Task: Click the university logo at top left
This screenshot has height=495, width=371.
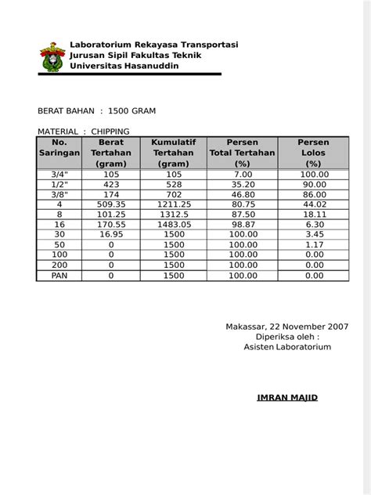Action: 52,58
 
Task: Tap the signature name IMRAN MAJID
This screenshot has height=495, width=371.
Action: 287,398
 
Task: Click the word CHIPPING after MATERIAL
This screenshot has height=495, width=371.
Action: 110,132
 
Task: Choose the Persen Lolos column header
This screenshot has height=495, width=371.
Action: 314,153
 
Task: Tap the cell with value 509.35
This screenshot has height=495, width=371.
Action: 111,204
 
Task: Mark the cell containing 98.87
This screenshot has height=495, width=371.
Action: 243,225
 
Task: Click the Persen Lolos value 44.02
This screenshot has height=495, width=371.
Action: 314,204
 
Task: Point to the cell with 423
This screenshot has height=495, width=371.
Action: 111,184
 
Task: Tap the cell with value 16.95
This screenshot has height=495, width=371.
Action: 111,235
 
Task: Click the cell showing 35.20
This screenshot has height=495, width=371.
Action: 243,184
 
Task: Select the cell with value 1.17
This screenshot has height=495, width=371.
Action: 314,245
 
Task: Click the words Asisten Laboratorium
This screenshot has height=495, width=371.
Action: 287,347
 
